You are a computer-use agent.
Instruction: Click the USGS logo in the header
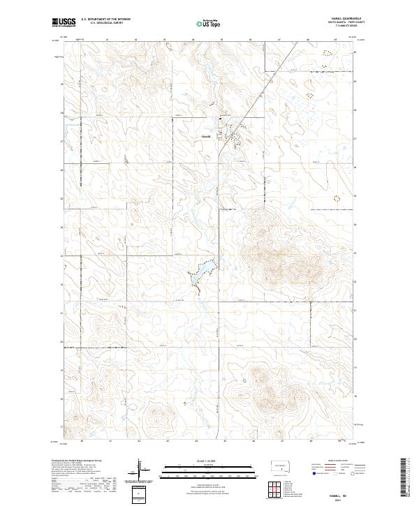coord(64,23)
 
